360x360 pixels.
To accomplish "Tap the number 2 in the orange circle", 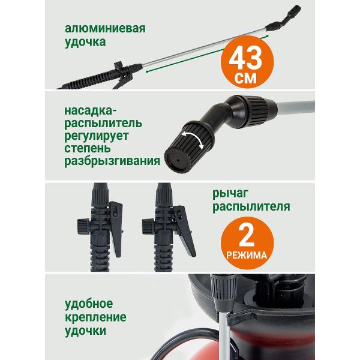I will [x=244, y=236].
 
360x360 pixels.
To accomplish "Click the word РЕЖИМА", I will [x=244, y=254].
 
